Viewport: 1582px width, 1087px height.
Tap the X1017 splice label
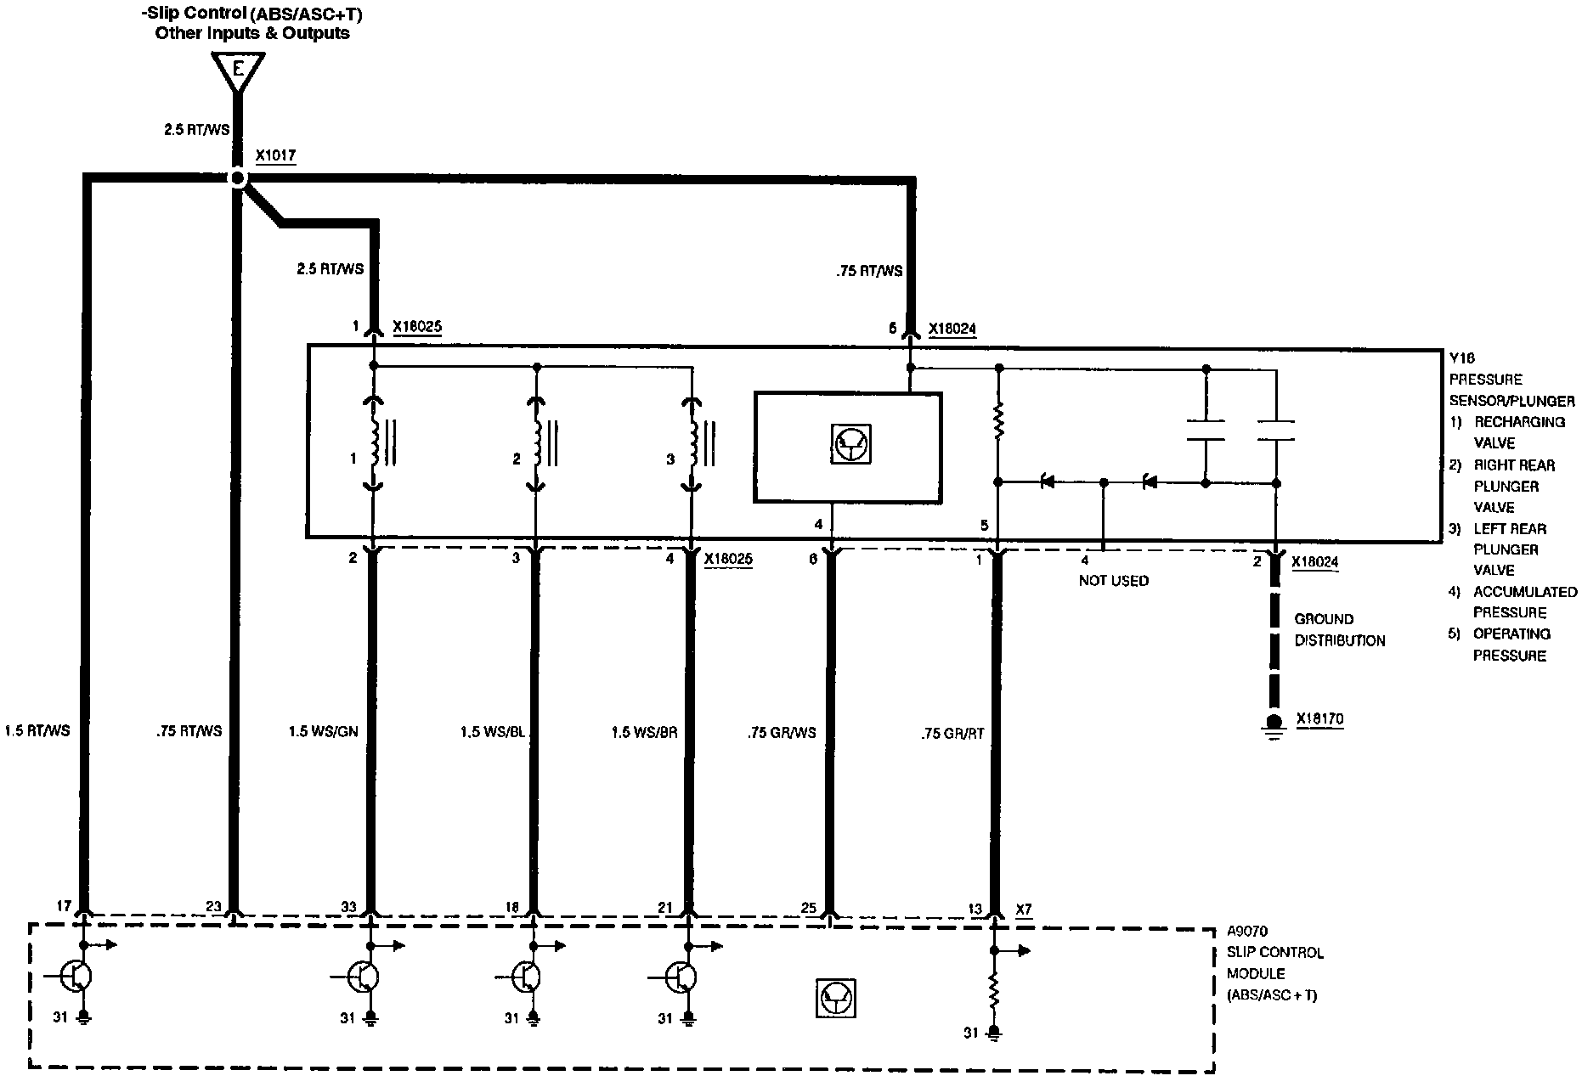click(275, 156)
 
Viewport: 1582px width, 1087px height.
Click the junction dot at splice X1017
click(238, 178)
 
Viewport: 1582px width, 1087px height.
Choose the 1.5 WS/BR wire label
click(644, 731)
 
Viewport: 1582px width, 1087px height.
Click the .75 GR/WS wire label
click(782, 732)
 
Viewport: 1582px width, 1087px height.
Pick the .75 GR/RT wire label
click(952, 733)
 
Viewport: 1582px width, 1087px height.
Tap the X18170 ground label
click(1319, 719)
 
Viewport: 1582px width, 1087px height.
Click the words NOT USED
click(1113, 581)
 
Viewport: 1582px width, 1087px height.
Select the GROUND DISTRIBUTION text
click(1339, 629)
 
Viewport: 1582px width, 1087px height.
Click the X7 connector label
click(1024, 909)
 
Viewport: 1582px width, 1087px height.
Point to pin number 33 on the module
click(348, 907)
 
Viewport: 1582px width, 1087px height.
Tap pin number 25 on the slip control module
click(808, 908)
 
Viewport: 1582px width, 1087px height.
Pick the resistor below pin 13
click(992, 989)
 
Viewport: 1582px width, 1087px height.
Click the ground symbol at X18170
click(1273, 727)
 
